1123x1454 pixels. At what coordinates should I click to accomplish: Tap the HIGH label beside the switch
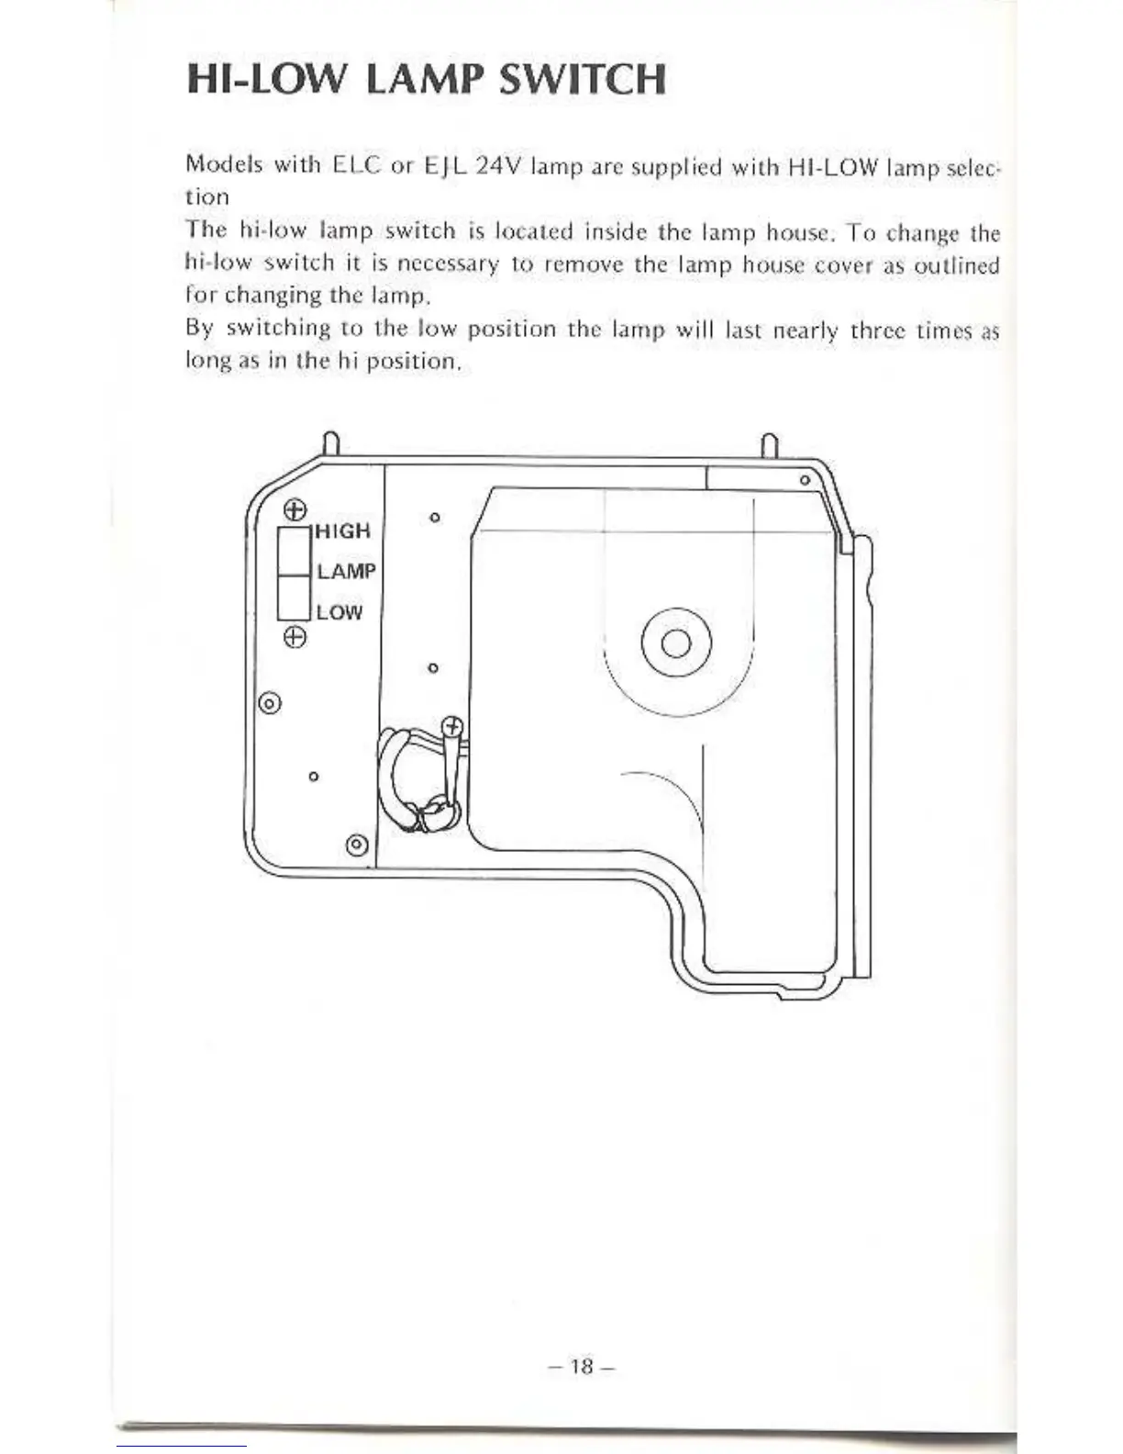pos(343,531)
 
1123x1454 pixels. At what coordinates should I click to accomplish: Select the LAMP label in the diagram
pos(346,571)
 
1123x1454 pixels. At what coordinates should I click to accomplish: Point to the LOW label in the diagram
pos(339,612)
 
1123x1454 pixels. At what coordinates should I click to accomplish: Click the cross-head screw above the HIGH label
pos(294,509)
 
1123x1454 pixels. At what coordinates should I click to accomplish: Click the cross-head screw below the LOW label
pos(294,636)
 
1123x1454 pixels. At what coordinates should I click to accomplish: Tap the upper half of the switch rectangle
pos(294,552)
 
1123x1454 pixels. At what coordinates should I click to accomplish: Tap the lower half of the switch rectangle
pos(294,597)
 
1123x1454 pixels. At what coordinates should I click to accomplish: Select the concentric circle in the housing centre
pos(676,642)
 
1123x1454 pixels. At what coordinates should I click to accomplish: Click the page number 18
pos(582,1366)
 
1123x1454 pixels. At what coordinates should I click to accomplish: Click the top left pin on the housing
pos(332,444)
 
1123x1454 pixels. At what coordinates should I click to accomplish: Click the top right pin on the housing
pos(770,445)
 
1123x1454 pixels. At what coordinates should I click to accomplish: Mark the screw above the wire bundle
pos(452,728)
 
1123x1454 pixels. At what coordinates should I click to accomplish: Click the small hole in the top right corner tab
pos(805,479)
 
